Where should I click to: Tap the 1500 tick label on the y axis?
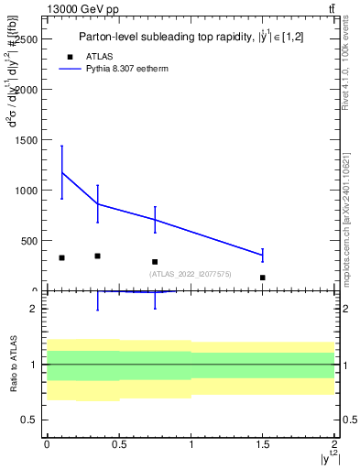pyautogui.click(x=26, y=140)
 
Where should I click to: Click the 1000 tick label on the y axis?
pyautogui.click(x=26, y=191)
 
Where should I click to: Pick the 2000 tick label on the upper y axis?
pyautogui.click(x=26, y=90)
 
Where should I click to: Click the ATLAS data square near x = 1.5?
pyautogui.click(x=263, y=278)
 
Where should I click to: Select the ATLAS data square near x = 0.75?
pyautogui.click(x=155, y=262)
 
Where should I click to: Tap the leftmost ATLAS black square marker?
pyautogui.click(x=61, y=257)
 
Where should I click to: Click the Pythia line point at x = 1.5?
pyautogui.click(x=263, y=255)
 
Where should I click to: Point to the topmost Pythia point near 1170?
pyautogui.click(x=61, y=172)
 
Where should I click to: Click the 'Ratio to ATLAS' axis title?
pyautogui.click(x=12, y=365)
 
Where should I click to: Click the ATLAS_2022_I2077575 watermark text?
pyautogui.click(x=190, y=274)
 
